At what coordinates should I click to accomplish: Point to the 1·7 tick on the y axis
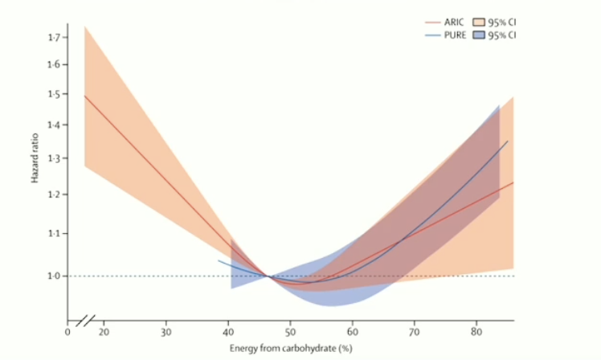[54, 38]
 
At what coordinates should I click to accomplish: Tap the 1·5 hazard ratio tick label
[54, 94]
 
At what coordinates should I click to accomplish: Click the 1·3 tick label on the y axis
[54, 158]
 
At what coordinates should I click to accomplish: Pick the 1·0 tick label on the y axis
[54, 276]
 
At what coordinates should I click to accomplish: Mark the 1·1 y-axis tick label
[54, 233]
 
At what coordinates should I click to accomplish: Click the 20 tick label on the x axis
[104, 331]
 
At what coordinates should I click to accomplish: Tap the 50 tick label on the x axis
[290, 331]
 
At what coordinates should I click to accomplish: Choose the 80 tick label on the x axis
[476, 331]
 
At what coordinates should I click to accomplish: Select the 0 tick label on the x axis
[67, 331]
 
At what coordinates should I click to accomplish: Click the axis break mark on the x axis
[87, 321]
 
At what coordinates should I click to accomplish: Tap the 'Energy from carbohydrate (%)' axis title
[290, 347]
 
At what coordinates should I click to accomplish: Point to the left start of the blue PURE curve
[219, 260]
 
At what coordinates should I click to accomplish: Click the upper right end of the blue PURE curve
[508, 141]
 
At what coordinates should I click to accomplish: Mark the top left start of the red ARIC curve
[84, 96]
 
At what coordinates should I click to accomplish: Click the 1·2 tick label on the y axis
[54, 194]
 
